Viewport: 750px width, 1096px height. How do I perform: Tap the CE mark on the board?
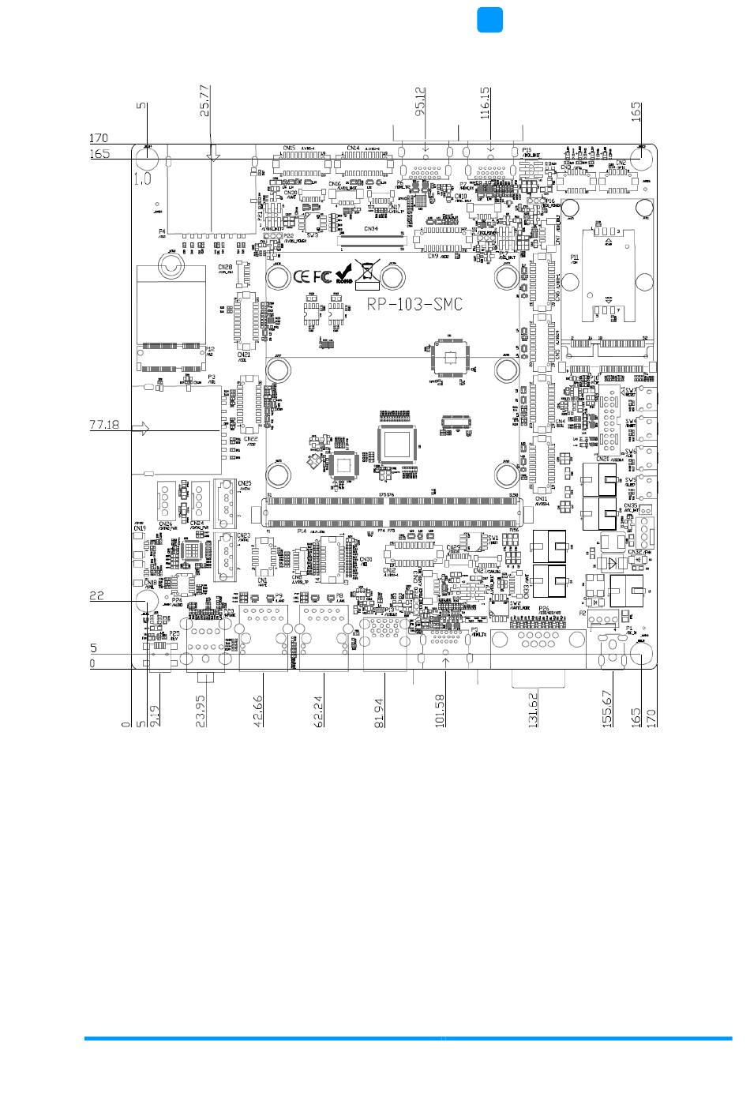pyautogui.click(x=302, y=277)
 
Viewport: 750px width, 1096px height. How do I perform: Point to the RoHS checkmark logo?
pyautogui.click(x=343, y=275)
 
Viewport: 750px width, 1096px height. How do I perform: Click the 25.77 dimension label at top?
pyautogui.click(x=205, y=100)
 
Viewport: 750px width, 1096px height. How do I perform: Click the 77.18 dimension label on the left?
pyautogui.click(x=104, y=425)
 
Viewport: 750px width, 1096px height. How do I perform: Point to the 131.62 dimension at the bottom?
pyautogui.click(x=534, y=709)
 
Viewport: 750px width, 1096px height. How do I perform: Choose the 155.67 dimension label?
pyautogui.click(x=607, y=708)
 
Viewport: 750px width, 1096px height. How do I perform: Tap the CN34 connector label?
pyautogui.click(x=370, y=229)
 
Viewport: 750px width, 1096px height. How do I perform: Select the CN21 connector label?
pyautogui.click(x=245, y=355)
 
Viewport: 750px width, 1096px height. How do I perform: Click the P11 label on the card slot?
pyautogui.click(x=575, y=257)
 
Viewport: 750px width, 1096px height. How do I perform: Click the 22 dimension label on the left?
pyautogui.click(x=96, y=597)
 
